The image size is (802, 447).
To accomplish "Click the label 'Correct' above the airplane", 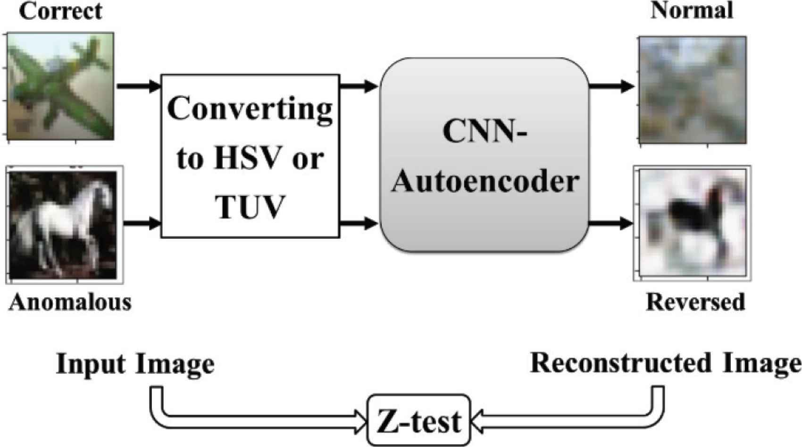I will point(60,11).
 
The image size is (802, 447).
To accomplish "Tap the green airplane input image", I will point(60,86).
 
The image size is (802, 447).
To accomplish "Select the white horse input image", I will point(65,225).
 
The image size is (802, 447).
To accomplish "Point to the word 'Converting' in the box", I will point(250,109).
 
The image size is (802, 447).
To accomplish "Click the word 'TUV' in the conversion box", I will point(250,206).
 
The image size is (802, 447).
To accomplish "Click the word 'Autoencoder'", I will point(485,181).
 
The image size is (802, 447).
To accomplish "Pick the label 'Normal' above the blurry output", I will point(692,11).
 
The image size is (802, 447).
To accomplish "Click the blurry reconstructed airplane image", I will point(693,90).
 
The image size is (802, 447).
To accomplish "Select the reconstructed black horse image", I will point(693,223).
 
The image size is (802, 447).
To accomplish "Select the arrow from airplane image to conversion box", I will point(138,86).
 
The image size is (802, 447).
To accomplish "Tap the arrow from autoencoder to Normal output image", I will point(612,86).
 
